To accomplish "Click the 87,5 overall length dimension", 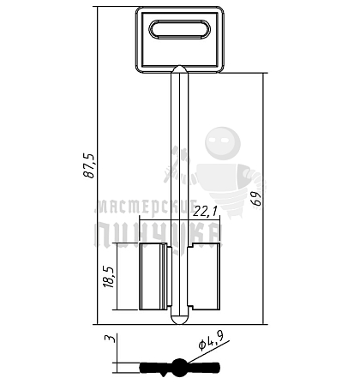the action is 89,166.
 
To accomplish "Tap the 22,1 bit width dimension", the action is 205,212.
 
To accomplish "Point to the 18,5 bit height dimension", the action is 109,276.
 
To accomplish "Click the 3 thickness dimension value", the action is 110,339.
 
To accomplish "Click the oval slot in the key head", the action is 179,29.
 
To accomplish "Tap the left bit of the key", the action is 155,276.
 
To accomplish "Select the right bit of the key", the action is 204,276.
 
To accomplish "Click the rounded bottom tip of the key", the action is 179,320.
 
